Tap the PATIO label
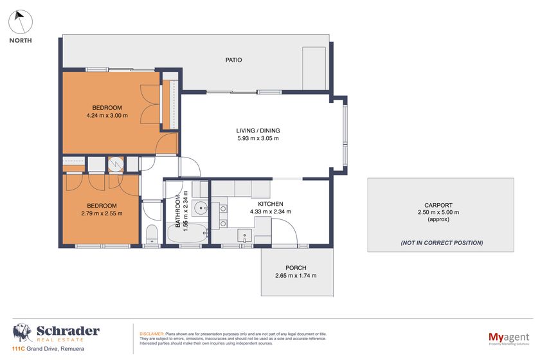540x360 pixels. (233, 60)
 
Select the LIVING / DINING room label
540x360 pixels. (258, 130)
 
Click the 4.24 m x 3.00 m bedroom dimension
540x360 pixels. (107, 116)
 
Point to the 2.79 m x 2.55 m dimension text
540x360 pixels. (102, 213)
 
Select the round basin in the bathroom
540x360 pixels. (199, 207)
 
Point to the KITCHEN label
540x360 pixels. (271, 203)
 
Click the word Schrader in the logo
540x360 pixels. (68, 331)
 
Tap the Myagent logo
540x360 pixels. (507, 336)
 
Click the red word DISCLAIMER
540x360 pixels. (152, 334)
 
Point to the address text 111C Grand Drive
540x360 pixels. (39, 349)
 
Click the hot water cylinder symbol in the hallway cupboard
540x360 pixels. (116, 164)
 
